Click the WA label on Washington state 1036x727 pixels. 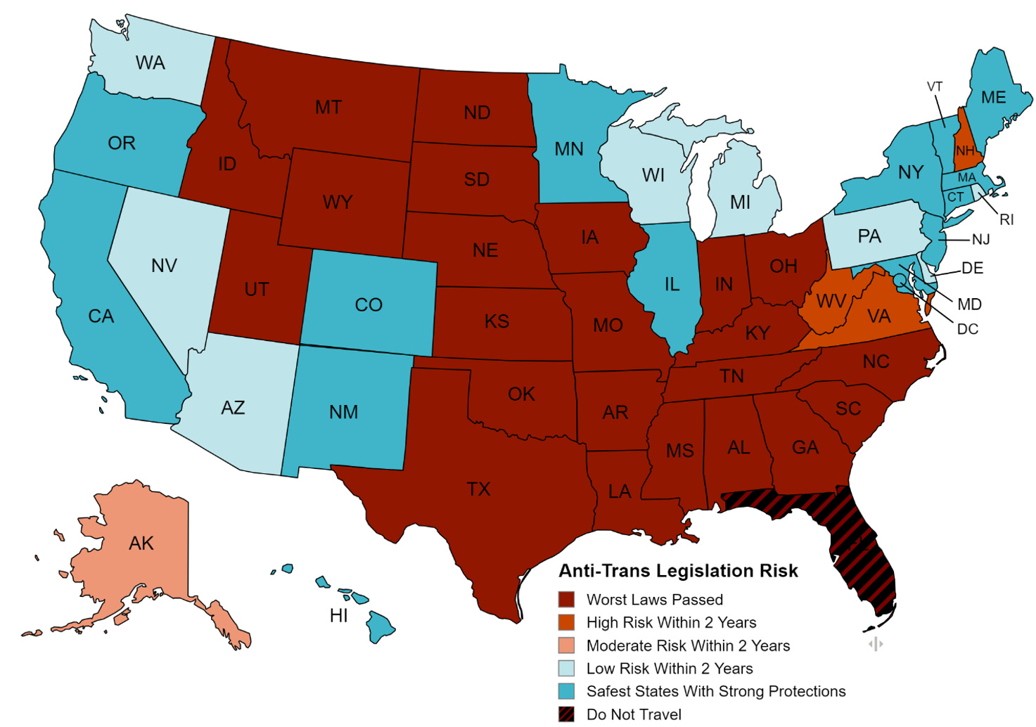[150, 63]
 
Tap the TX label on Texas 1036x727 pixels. [478, 489]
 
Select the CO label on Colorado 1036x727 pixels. [369, 305]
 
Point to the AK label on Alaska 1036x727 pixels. [141, 543]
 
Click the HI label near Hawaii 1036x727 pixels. [339, 616]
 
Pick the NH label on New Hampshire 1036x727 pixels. [965, 151]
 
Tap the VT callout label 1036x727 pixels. [934, 87]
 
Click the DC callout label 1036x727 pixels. [968, 329]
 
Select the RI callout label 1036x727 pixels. [1006, 220]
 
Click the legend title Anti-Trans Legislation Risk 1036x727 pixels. [678, 571]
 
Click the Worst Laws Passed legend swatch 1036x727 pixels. [566, 600]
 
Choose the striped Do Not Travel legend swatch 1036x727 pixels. [566, 714]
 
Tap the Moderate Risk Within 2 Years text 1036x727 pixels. [688, 645]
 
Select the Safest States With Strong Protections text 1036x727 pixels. [716, 691]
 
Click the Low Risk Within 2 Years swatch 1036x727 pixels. [566, 669]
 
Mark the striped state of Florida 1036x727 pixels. [862, 555]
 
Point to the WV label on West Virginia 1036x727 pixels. [831, 302]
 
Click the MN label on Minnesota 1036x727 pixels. [568, 149]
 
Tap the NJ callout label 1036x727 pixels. [980, 240]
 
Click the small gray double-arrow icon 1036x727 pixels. [876, 644]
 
